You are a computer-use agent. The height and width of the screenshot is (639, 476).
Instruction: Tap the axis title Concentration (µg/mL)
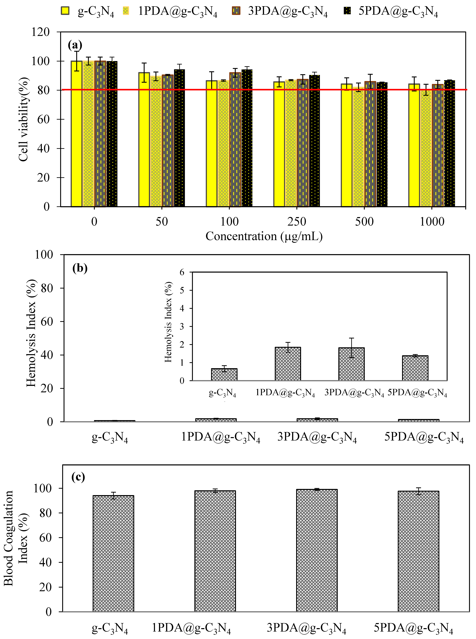264,236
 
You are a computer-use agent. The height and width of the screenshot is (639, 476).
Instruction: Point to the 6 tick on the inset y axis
182,272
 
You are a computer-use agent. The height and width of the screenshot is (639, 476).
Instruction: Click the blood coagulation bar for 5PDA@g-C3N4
418,551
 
